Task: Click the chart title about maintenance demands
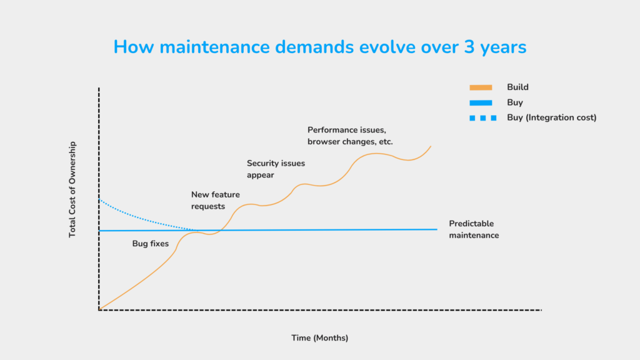tap(320, 47)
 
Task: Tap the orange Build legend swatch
tap(481, 87)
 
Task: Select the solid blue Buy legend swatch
tap(481, 102)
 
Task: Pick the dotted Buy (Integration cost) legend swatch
tap(483, 118)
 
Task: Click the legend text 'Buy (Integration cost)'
tap(551, 117)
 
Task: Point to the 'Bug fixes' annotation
tap(150, 244)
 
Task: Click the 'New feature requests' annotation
tap(216, 201)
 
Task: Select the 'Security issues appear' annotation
tap(276, 169)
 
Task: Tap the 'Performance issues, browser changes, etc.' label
tap(350, 136)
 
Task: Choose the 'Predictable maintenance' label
tap(474, 229)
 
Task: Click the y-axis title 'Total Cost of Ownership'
tap(72, 189)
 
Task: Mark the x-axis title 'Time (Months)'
tap(319, 338)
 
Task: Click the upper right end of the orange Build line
tap(431, 146)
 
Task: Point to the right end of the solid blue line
tap(437, 229)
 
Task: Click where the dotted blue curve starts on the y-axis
tap(99, 199)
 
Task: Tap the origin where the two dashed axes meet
tap(99, 310)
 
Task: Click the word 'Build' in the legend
tap(517, 87)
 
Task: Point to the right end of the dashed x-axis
tap(542, 310)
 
